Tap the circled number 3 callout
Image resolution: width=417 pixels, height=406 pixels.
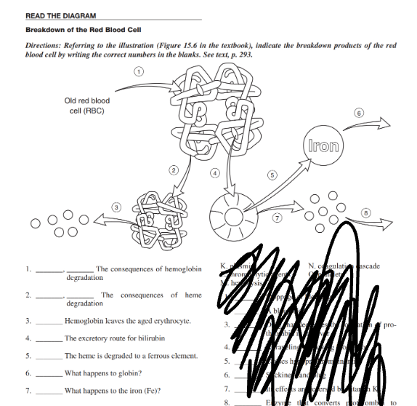[x=114, y=208]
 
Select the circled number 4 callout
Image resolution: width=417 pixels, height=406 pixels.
[x=215, y=172]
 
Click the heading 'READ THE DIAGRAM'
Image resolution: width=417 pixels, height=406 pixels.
[x=60, y=15]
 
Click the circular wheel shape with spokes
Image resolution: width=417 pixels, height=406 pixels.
[x=234, y=216]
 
